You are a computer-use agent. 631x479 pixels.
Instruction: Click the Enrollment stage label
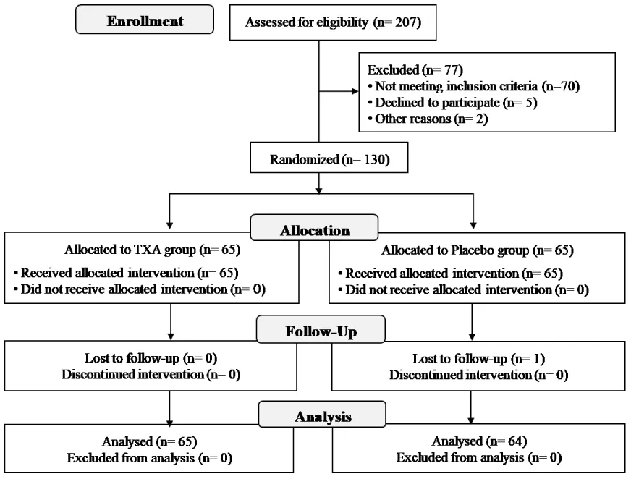145,21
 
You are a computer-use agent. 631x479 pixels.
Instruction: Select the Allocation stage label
314,230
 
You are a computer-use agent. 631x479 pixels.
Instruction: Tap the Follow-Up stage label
321,331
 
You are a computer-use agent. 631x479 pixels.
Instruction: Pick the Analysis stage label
322,417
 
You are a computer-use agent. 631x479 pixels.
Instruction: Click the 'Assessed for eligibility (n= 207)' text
333,22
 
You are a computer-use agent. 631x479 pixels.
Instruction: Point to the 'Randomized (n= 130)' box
329,158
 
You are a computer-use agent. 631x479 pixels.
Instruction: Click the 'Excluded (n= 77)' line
415,70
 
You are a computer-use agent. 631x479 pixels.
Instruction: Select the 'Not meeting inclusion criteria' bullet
474,86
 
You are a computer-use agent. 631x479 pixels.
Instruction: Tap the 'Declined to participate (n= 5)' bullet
453,103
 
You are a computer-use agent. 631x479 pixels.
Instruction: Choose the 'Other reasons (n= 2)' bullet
428,119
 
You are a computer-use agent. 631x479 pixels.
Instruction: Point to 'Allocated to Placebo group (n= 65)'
478,250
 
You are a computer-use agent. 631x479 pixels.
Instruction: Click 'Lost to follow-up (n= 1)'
479,359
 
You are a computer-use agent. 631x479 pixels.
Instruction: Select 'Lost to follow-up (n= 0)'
151,358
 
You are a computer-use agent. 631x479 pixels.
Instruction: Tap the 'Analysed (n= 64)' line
479,441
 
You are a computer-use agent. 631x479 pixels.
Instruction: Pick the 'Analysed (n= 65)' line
150,442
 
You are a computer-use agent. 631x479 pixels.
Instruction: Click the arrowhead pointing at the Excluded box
355,91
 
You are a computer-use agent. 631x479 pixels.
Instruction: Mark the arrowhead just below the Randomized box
319,190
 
